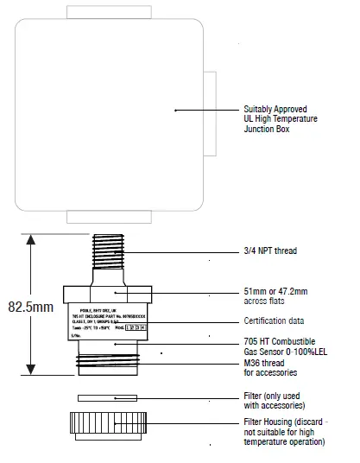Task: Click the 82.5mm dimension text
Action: pos(30,305)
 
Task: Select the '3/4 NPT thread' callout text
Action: pos(269,251)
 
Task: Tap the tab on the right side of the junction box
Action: pos(208,112)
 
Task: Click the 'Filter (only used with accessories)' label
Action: pos(275,401)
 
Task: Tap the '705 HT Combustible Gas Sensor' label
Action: pos(282,348)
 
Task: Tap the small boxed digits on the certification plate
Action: pos(136,328)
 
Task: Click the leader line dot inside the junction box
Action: pos(176,110)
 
